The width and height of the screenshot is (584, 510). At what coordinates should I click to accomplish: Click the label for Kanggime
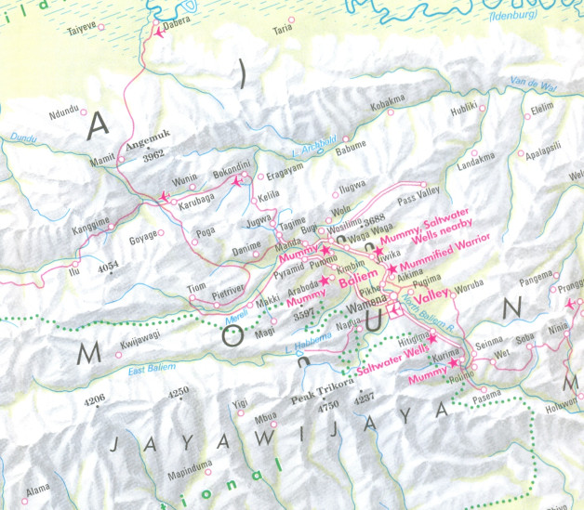pos(90,222)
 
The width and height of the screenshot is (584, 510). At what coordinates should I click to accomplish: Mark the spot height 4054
pos(108,266)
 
